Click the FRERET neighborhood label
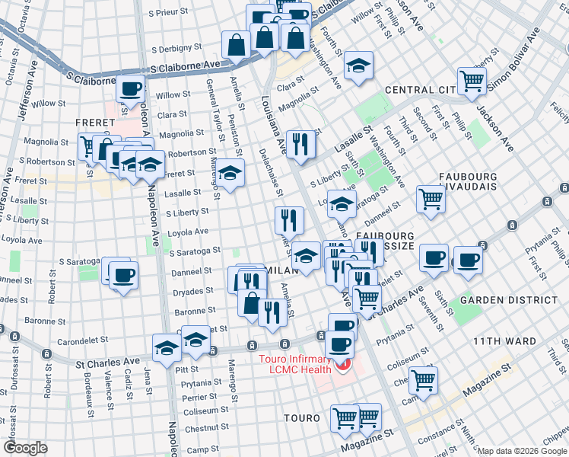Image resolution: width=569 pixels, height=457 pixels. click(x=95, y=122)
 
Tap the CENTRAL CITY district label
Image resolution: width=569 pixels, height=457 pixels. click(x=420, y=90)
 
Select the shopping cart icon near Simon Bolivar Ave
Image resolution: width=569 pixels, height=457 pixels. click(x=472, y=81)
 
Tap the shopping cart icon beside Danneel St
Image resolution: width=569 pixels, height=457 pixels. click(x=431, y=200)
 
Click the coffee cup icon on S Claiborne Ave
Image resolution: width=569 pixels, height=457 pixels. click(x=131, y=88)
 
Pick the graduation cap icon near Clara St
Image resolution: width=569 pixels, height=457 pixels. click(x=358, y=66)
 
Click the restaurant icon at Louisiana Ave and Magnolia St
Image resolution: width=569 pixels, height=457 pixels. click(x=300, y=144)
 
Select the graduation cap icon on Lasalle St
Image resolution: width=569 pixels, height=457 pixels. click(x=229, y=174)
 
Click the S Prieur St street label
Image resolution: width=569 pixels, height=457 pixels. click(x=173, y=13)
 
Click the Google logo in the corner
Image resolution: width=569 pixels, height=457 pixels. click(x=24, y=448)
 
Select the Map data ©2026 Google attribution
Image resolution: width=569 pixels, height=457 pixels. click(x=522, y=451)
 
